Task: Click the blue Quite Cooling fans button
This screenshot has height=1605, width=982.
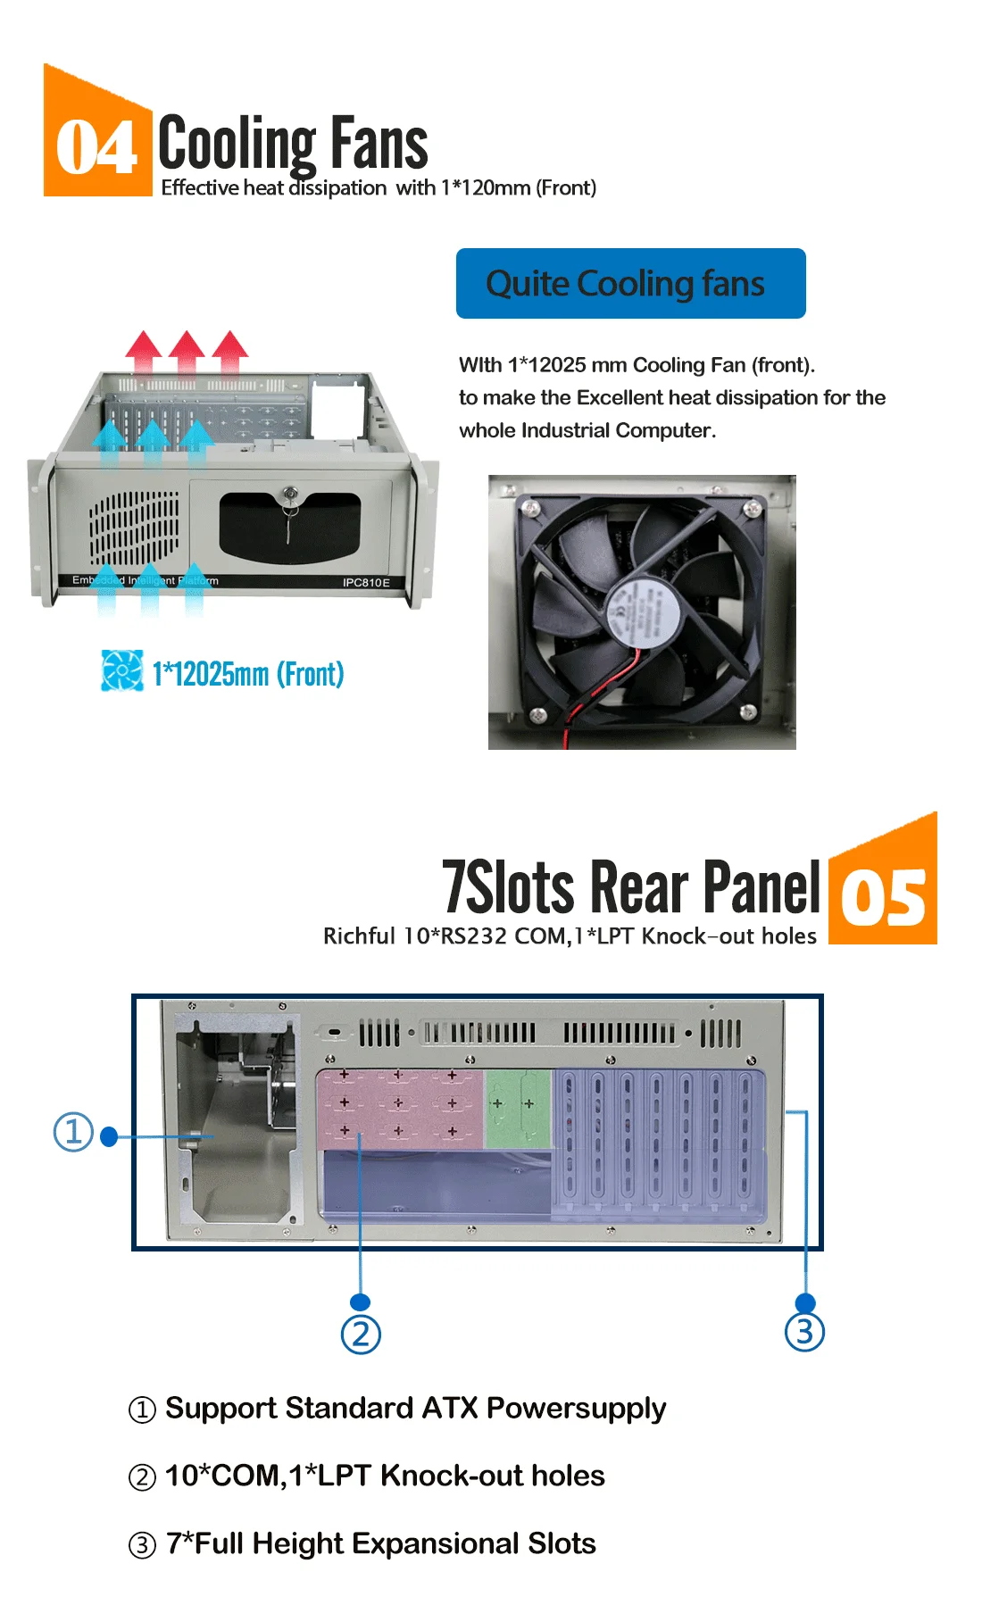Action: [630, 284]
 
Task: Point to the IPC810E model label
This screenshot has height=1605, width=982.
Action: [366, 582]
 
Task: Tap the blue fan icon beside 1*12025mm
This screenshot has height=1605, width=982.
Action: [121, 670]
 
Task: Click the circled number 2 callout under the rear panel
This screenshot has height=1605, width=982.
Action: [361, 1335]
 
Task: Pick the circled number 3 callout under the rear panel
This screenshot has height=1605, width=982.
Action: [804, 1331]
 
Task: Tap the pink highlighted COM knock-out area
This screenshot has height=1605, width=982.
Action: [399, 1107]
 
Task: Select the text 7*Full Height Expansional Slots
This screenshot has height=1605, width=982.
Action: [380, 1543]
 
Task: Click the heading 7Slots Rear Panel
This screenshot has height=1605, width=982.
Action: [630, 887]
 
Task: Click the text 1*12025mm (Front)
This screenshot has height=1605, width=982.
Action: [247, 674]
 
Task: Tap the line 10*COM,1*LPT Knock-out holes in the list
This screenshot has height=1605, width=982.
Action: [385, 1476]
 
